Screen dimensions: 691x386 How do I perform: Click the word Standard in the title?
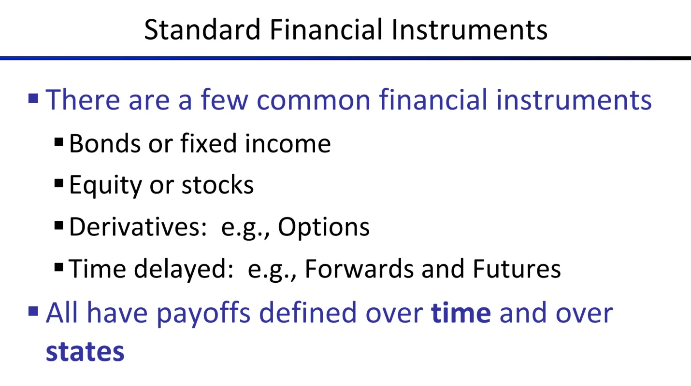tap(202, 29)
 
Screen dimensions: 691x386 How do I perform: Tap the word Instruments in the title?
tap(469, 29)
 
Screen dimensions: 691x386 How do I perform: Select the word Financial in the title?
tap(326, 29)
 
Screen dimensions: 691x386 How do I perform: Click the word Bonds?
tap(105, 143)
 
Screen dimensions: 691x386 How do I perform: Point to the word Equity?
tap(105, 186)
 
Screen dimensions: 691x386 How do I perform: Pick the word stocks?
tap(217, 185)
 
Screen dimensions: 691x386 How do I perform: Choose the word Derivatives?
tap(138, 227)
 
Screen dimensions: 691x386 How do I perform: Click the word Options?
tap(324, 228)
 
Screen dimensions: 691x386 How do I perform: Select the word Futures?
tap(517, 269)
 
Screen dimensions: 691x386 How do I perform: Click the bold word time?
tap(461, 313)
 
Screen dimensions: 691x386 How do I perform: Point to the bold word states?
tap(85, 351)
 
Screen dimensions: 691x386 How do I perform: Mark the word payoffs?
tap(203, 314)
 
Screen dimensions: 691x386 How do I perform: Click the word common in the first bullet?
tap(313, 100)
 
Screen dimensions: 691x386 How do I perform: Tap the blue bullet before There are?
tap(33, 98)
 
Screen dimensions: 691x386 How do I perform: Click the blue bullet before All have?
tap(33, 311)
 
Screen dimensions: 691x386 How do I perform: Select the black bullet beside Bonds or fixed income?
tap(58, 142)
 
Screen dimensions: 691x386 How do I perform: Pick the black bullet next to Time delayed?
tap(58, 267)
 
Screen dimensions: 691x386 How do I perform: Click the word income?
tap(288, 143)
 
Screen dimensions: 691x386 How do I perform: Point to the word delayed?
tap(184, 270)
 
